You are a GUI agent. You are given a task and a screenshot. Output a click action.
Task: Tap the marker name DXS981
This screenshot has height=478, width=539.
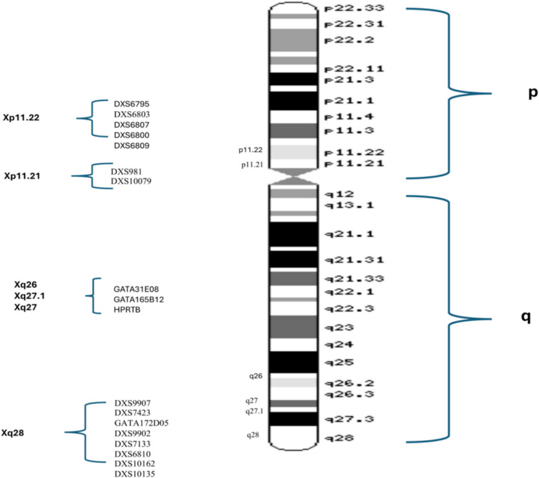[126, 171]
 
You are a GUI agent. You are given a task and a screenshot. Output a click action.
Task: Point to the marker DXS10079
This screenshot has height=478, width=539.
[131, 182]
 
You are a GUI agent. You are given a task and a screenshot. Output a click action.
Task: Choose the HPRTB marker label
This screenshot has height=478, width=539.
[129, 310]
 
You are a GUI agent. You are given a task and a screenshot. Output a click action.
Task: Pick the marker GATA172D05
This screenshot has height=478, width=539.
[142, 423]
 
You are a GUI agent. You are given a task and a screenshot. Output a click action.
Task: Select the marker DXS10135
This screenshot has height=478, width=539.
[134, 474]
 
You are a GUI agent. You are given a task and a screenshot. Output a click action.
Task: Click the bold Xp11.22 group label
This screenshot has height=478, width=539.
[21, 118]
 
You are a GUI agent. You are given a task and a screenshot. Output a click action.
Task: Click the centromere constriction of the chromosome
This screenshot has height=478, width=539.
[295, 179]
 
